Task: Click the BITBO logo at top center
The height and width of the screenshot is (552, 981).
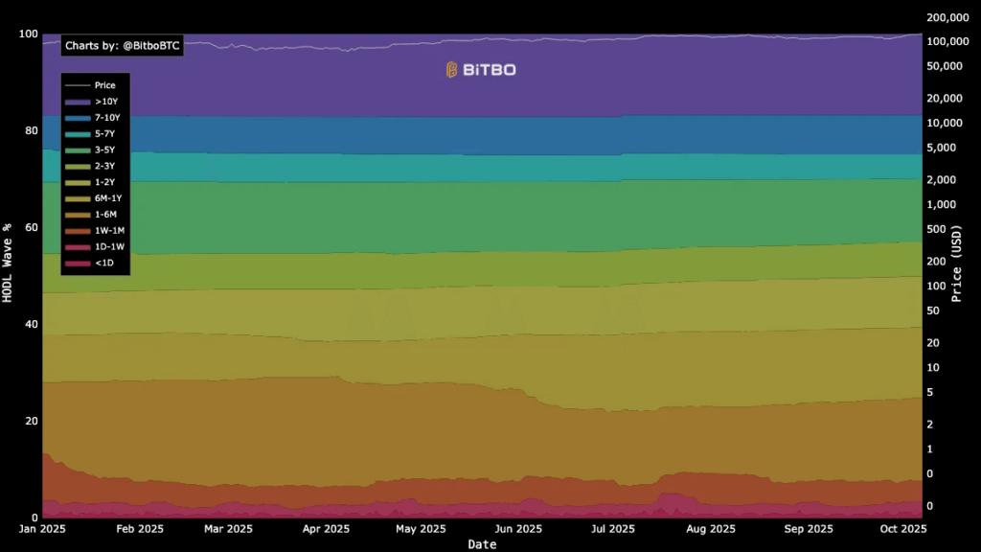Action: click(x=481, y=70)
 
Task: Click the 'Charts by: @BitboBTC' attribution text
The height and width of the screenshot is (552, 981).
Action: click(x=122, y=46)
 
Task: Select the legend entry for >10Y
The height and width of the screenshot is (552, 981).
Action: click(x=105, y=101)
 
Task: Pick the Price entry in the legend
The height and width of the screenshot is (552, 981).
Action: click(x=104, y=85)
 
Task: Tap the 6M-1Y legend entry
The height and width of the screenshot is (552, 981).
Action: click(x=107, y=198)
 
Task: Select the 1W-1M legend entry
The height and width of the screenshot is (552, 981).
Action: click(x=107, y=231)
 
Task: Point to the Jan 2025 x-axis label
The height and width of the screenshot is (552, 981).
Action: click(x=44, y=528)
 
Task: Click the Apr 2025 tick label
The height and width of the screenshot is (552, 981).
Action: click(x=326, y=528)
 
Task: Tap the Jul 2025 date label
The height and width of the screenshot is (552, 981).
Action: click(x=612, y=528)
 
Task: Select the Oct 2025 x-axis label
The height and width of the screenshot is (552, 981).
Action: click(x=902, y=528)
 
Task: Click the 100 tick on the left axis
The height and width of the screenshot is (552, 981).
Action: click(x=28, y=34)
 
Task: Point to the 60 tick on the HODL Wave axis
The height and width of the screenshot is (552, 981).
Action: click(x=31, y=228)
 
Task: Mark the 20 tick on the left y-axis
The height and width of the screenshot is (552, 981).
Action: click(x=31, y=422)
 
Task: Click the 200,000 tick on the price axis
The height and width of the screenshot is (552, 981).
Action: click(x=948, y=18)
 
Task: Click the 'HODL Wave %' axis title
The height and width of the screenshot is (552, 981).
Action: click(x=8, y=263)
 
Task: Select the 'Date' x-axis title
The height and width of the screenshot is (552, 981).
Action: click(x=482, y=544)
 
